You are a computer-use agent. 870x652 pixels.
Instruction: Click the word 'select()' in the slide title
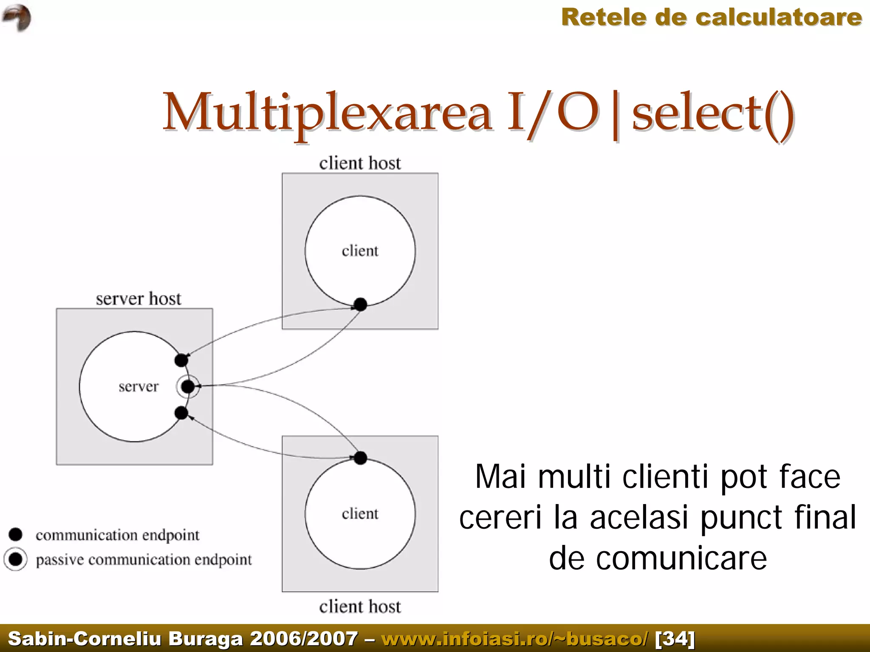tap(713, 113)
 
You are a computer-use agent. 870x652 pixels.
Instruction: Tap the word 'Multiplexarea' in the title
tap(327, 113)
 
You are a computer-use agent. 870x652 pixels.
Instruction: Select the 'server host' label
tap(138, 299)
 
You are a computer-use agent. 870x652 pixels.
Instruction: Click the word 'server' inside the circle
tap(138, 387)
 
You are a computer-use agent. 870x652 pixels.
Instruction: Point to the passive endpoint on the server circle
tap(188, 387)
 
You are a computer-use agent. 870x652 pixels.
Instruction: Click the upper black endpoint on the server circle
tap(181, 360)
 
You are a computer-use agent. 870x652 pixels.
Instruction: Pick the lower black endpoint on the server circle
tap(181, 413)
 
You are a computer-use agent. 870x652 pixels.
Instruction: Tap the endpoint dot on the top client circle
tap(360, 304)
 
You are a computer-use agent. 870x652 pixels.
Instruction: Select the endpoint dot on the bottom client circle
tap(360, 458)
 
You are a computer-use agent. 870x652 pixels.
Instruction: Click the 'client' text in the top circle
tap(360, 251)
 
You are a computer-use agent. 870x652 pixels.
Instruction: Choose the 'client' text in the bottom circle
tap(360, 513)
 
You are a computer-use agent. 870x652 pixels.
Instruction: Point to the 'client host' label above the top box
tap(360, 163)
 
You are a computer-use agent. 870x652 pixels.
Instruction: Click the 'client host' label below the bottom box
tap(360, 607)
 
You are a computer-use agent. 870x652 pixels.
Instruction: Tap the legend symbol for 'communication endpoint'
tap(16, 535)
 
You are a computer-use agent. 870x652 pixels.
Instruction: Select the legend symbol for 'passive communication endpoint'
tap(16, 559)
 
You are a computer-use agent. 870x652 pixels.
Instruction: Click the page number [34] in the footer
tap(675, 638)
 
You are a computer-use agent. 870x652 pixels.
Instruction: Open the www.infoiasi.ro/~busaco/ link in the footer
tap(515, 638)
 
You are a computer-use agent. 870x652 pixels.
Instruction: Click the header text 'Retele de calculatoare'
tap(712, 18)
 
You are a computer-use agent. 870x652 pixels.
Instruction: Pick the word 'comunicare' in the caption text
tap(681, 558)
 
